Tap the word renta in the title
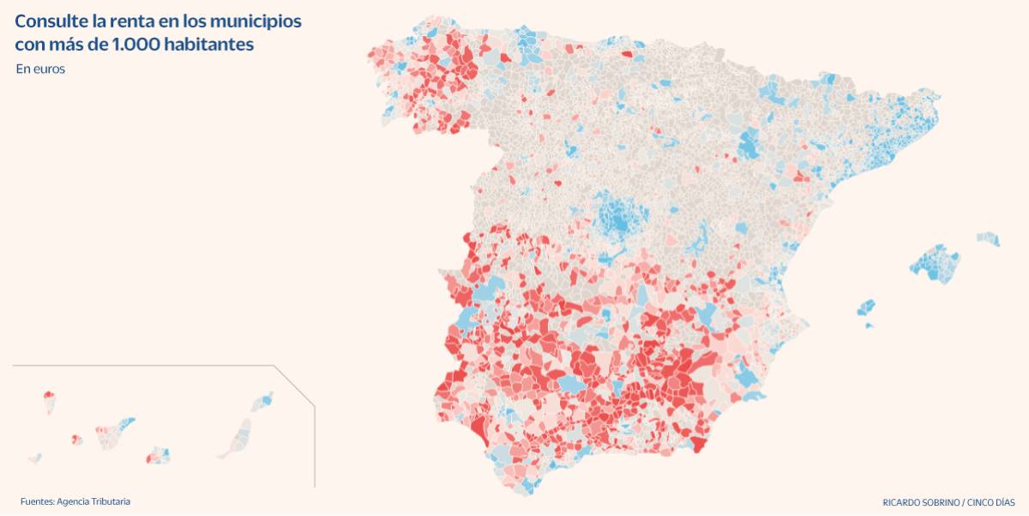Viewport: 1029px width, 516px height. pyautogui.click(x=131, y=21)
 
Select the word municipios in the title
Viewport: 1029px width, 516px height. pyautogui.click(x=253, y=22)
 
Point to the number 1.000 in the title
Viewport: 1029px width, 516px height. pyautogui.click(x=136, y=45)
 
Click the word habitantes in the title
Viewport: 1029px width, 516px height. pyautogui.click(x=209, y=45)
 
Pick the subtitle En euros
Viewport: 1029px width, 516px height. pyautogui.click(x=40, y=69)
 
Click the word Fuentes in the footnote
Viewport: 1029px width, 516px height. pyautogui.click(x=37, y=501)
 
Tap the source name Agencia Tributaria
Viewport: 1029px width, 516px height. pyautogui.click(x=93, y=501)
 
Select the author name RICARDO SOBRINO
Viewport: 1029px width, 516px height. pyautogui.click(x=921, y=502)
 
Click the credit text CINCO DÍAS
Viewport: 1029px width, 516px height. pyautogui.click(x=991, y=502)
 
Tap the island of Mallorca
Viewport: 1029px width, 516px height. pyautogui.click(x=935, y=263)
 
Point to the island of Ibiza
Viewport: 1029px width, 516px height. pyautogui.click(x=866, y=308)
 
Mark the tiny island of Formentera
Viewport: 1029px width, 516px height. pyautogui.click(x=869, y=326)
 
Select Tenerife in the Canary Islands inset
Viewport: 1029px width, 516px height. pyautogui.click(x=115, y=433)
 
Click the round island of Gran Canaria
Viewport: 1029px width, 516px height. pyautogui.click(x=159, y=455)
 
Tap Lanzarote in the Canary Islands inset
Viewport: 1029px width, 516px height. pyautogui.click(x=262, y=402)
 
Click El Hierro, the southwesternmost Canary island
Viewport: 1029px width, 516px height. pyautogui.click(x=35, y=458)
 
